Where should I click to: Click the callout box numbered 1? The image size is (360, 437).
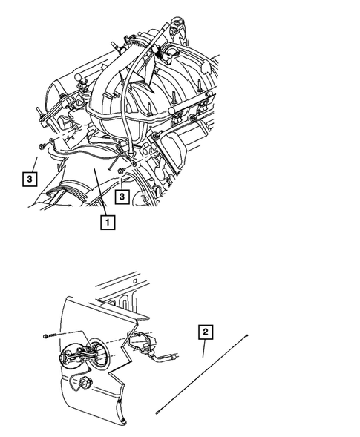tap(108, 220)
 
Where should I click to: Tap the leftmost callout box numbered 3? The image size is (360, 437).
tap(28, 179)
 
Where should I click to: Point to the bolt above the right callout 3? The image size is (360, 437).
tap(120, 172)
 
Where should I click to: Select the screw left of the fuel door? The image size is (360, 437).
tap(50, 336)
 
